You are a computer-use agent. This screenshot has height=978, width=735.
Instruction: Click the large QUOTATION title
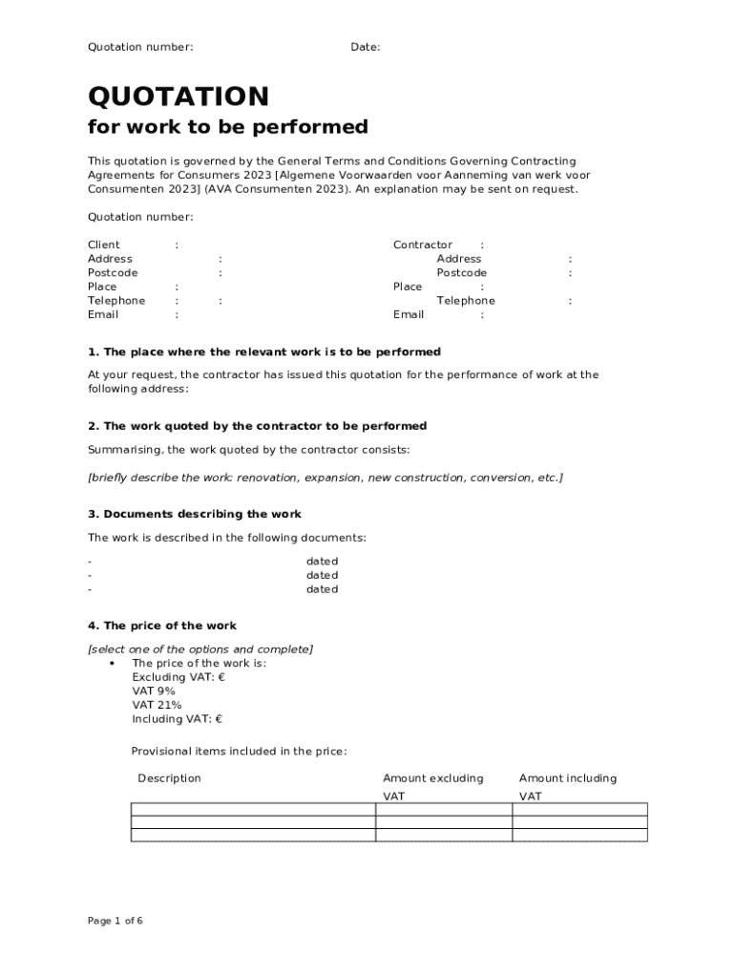178,96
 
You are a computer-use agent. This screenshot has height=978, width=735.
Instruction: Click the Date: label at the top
365,47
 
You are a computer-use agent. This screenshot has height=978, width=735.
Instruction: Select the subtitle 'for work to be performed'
227,127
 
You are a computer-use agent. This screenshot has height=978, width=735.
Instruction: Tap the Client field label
104,244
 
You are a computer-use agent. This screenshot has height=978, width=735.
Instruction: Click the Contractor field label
423,244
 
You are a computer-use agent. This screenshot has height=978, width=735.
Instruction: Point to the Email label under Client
103,314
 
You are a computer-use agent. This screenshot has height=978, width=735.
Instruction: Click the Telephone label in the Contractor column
466,300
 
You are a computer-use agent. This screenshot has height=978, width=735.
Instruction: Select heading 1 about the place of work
264,351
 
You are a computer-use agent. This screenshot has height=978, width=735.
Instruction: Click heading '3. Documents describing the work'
195,514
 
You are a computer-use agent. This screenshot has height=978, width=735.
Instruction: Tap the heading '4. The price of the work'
162,626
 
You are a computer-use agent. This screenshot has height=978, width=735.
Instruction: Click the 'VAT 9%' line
154,691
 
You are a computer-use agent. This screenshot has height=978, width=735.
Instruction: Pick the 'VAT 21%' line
157,705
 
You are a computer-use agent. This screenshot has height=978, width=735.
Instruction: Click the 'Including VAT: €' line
177,719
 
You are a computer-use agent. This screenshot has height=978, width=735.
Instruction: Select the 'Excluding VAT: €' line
178,677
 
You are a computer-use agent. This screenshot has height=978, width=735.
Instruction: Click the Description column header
169,778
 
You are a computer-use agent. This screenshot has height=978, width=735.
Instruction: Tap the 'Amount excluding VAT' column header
432,786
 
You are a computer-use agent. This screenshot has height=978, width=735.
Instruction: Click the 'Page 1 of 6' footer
115,921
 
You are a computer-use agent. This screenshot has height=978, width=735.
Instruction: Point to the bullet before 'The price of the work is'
113,663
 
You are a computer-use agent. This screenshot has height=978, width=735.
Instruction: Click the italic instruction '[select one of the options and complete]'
200,649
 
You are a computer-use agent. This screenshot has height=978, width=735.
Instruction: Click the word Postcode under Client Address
113,272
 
